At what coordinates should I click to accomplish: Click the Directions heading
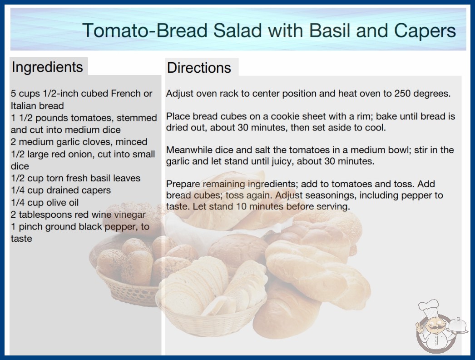[199, 68]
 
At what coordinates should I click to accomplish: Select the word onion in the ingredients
[81, 154]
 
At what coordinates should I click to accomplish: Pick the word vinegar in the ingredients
[130, 215]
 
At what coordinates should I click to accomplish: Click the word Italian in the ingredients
[24, 106]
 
